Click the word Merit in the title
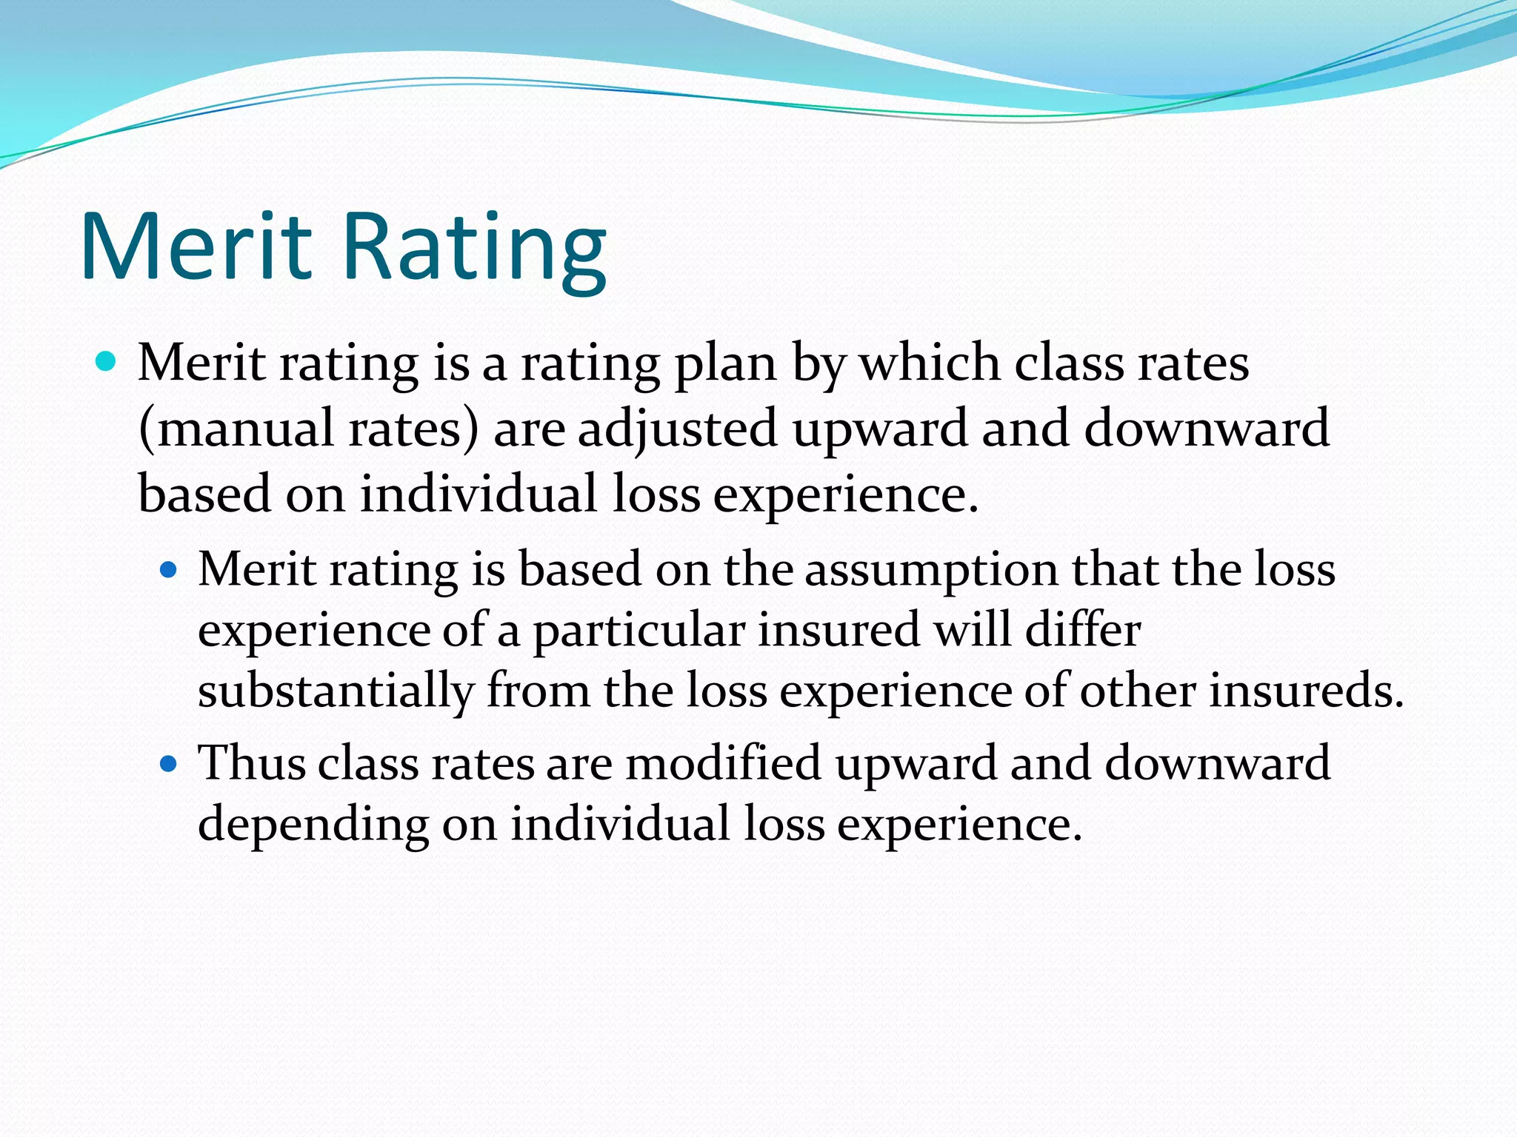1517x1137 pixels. [196, 246]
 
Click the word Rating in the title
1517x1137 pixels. [474, 246]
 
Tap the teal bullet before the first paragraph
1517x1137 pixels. [107, 362]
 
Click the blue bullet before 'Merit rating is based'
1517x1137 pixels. [169, 569]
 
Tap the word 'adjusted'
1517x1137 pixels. [677, 429]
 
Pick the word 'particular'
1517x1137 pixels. [639, 632]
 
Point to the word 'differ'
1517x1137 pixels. [1083, 631]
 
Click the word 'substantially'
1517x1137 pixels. [335, 691]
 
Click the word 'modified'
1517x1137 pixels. [723, 762]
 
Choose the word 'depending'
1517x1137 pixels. [313, 825]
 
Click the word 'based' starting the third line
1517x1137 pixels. [204, 494]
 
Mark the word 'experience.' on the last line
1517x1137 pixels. [959, 825]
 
